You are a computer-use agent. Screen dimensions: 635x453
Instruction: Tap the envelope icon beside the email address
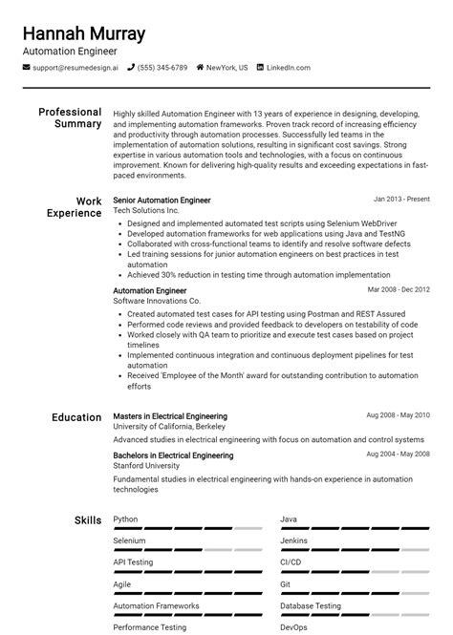click(x=27, y=68)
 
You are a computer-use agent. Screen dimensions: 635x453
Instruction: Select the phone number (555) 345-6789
click(x=162, y=68)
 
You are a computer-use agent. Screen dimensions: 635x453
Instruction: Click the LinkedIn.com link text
click(x=288, y=68)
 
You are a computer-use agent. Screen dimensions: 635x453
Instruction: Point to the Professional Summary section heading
click(x=70, y=117)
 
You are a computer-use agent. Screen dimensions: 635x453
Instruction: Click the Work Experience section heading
click(x=74, y=207)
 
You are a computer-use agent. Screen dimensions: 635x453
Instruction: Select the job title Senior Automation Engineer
click(x=162, y=201)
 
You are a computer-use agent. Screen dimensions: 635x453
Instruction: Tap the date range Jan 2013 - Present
click(x=401, y=200)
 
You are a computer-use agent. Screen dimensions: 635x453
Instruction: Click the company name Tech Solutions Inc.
click(x=145, y=210)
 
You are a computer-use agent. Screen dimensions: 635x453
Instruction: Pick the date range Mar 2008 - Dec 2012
click(x=399, y=289)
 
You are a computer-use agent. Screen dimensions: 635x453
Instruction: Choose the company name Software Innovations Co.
click(x=157, y=301)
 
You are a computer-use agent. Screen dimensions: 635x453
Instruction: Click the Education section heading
click(x=76, y=417)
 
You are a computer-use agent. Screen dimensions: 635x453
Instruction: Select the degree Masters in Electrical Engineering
click(x=170, y=416)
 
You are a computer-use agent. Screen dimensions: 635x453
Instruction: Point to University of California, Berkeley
click(x=170, y=427)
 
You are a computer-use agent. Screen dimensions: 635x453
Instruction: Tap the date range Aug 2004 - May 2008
click(x=398, y=454)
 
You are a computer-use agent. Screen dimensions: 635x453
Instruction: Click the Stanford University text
click(x=146, y=466)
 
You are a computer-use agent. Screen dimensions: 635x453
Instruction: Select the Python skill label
click(x=125, y=519)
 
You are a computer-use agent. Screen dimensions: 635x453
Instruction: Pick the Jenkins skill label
click(x=293, y=540)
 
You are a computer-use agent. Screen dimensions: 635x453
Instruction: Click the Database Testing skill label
click(x=310, y=605)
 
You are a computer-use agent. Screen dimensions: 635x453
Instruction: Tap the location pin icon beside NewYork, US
click(x=201, y=68)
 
